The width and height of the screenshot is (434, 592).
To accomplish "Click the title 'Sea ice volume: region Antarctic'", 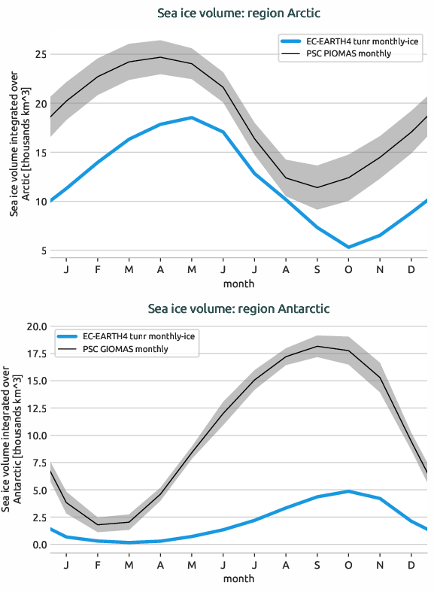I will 238,308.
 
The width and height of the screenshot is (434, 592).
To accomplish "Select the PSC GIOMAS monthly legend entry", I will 126,349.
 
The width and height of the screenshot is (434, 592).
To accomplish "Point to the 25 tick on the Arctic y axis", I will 39,55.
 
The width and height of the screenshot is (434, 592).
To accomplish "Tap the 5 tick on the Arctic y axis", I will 42,250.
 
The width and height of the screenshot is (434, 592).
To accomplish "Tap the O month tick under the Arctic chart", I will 348,269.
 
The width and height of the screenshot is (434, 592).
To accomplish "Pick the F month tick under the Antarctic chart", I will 98,564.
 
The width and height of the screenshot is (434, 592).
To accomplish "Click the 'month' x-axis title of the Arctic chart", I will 238,284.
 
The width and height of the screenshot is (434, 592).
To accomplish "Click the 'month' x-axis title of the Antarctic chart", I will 238,578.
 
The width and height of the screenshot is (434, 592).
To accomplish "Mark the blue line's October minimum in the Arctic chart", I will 348,247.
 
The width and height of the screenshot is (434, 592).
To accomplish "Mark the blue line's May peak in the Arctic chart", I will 192,117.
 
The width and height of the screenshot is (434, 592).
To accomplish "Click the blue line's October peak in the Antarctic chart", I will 348,491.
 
